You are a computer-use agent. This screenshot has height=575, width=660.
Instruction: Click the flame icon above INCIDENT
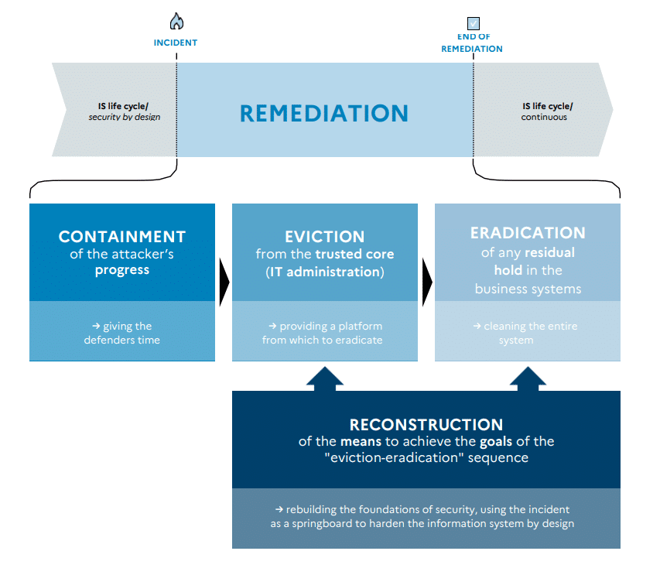pos(176,21)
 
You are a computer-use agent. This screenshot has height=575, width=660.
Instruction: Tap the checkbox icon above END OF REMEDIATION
pos(473,23)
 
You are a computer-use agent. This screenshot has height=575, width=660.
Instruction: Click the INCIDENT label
pos(176,43)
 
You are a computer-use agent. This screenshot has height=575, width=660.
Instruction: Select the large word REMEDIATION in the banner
pos(324,113)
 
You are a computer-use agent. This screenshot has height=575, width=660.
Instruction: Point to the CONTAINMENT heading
pos(122,237)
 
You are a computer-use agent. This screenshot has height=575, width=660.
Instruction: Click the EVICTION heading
pos(324,237)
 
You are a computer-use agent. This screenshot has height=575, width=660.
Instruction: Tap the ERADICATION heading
pos(528,233)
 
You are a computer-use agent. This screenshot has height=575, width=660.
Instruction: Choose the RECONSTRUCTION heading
pos(426,425)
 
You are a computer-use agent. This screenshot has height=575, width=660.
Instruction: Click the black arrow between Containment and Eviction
pos(224,282)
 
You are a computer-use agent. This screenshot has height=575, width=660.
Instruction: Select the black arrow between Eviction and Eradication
pos(427,282)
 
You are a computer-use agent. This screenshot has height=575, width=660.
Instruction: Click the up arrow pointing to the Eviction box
pos(325,379)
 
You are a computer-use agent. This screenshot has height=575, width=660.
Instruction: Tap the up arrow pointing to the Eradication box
pos(528,379)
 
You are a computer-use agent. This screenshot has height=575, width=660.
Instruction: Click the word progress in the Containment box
pos(122,270)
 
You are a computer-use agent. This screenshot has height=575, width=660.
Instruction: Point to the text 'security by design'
pos(125,117)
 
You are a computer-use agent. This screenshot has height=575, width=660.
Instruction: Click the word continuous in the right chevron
pos(544,117)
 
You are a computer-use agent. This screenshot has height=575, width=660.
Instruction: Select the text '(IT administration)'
pos(325,272)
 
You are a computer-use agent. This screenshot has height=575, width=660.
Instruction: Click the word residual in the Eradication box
pos(549,252)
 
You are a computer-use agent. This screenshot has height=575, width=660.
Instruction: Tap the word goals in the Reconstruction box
pos(496,442)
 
